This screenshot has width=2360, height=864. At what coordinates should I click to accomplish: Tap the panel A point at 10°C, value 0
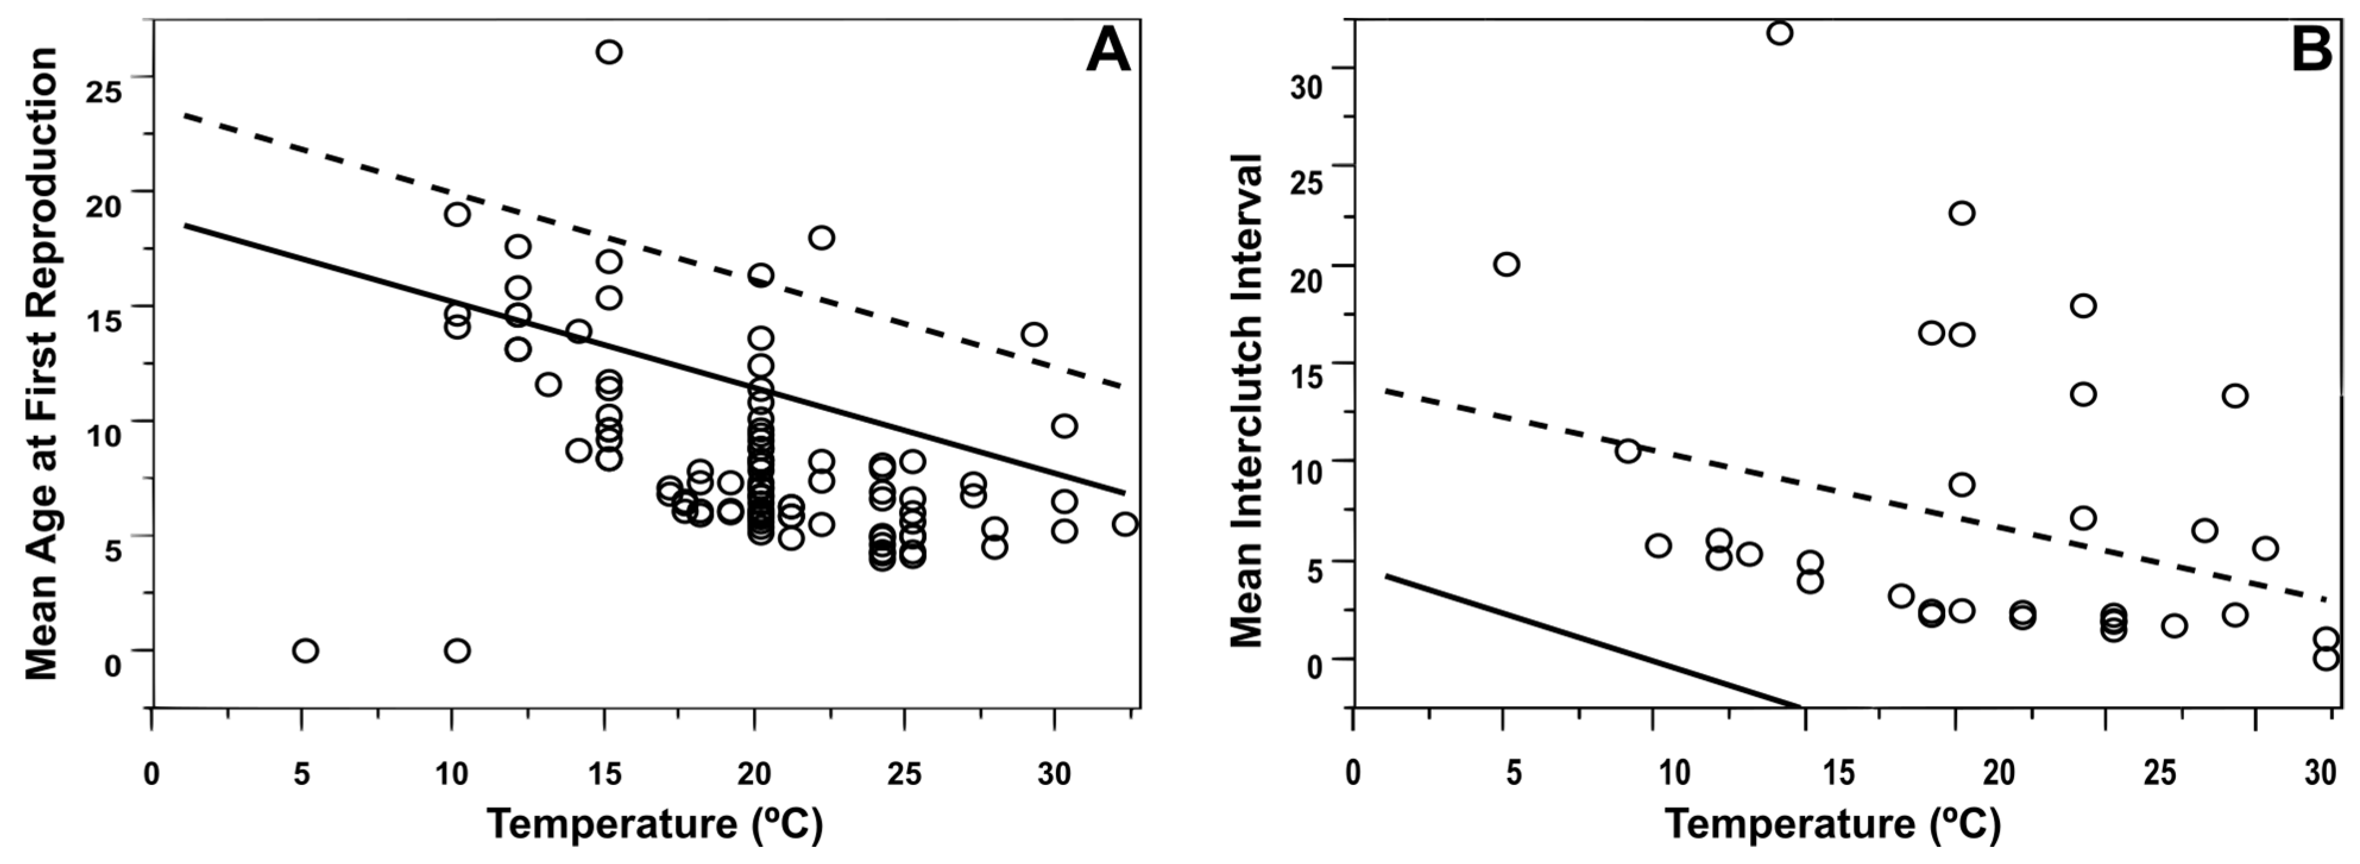(x=457, y=651)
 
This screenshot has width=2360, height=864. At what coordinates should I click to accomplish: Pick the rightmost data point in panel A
(x=1125, y=524)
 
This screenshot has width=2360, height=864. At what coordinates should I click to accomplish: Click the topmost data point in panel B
(x=1780, y=33)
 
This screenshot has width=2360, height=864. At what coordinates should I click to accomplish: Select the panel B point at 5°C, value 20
(x=1506, y=265)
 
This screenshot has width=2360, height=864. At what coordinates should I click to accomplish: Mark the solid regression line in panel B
(x=1594, y=642)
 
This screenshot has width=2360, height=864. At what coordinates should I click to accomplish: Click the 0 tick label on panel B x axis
(x=1353, y=774)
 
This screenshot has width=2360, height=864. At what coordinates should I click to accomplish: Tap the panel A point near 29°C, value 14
(x=1034, y=334)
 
